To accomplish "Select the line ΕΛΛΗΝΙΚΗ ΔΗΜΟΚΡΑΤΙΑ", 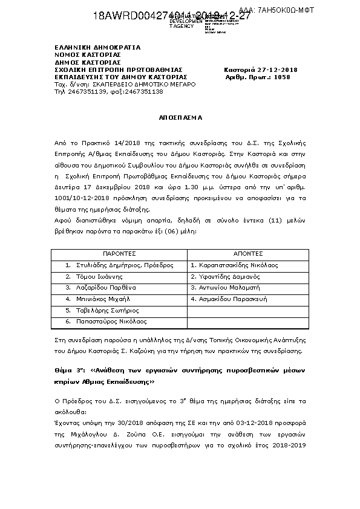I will coord(97,47).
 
